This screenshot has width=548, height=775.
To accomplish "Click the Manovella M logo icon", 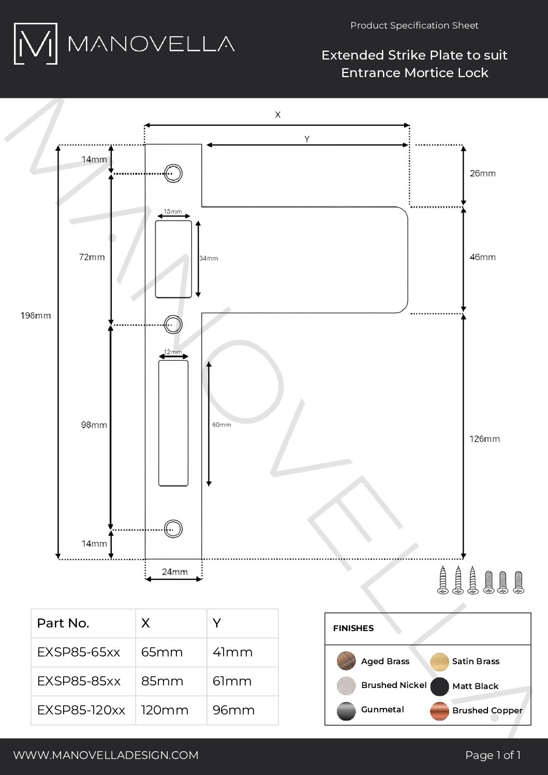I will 35,43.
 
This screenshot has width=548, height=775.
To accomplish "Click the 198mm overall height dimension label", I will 36,316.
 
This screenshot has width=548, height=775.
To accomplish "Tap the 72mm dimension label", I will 92,257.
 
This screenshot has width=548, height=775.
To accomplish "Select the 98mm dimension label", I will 94,425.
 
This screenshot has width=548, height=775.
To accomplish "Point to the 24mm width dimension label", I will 174,572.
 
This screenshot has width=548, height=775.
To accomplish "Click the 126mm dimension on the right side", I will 484,439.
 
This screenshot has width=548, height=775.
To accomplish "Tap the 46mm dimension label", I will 482,257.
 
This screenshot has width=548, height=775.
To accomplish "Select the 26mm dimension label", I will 482,173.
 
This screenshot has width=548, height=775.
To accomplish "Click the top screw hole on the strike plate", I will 173,173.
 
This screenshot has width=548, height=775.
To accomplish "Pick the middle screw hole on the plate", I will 173,325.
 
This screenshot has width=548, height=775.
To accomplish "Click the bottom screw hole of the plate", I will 173,529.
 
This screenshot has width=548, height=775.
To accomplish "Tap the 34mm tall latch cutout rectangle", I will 173,259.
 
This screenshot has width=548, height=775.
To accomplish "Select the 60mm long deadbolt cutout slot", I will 173,423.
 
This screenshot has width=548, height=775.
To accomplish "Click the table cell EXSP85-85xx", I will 79,681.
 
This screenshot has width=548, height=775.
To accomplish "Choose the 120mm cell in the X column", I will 165,710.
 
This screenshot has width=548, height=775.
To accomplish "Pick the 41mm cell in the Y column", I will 232,652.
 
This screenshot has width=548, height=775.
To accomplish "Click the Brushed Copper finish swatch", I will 439,711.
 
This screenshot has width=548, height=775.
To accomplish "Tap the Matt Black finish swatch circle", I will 439,686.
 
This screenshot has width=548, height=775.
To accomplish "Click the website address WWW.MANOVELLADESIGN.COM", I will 106,755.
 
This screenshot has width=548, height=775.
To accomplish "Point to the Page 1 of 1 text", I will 493,755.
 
